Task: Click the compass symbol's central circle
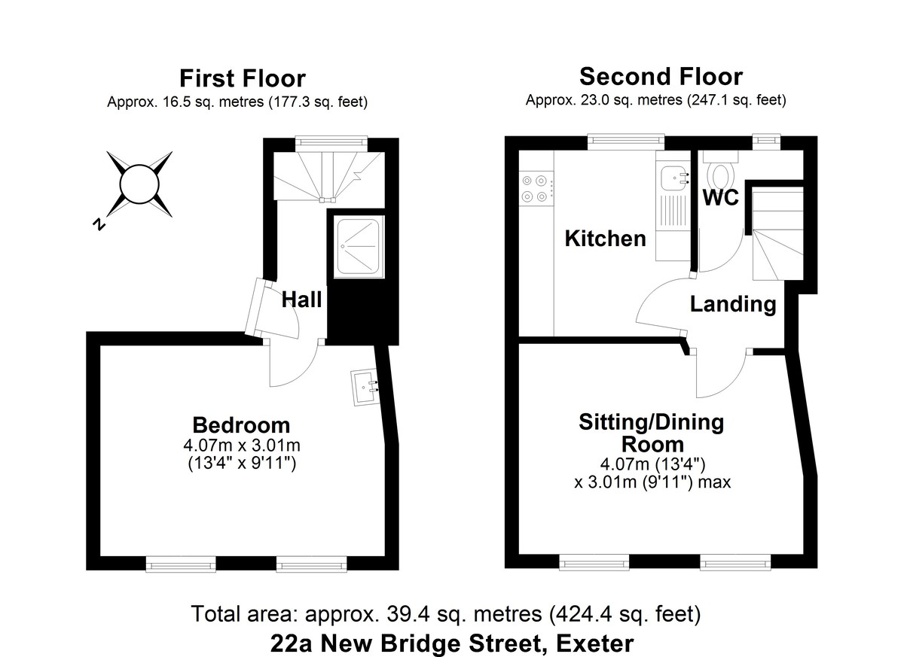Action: (x=139, y=184)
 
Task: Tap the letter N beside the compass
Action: (x=97, y=224)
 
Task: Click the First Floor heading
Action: (x=242, y=78)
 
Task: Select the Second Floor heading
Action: (x=660, y=76)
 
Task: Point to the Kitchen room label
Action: (x=605, y=239)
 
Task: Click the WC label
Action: (x=720, y=197)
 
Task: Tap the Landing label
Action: (x=733, y=304)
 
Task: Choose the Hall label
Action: (x=301, y=300)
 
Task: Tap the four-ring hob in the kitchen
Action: (x=534, y=188)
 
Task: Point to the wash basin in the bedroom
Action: (x=364, y=388)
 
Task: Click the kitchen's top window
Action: (x=626, y=139)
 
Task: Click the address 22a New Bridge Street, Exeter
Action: (x=451, y=643)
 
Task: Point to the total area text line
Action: (x=447, y=614)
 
